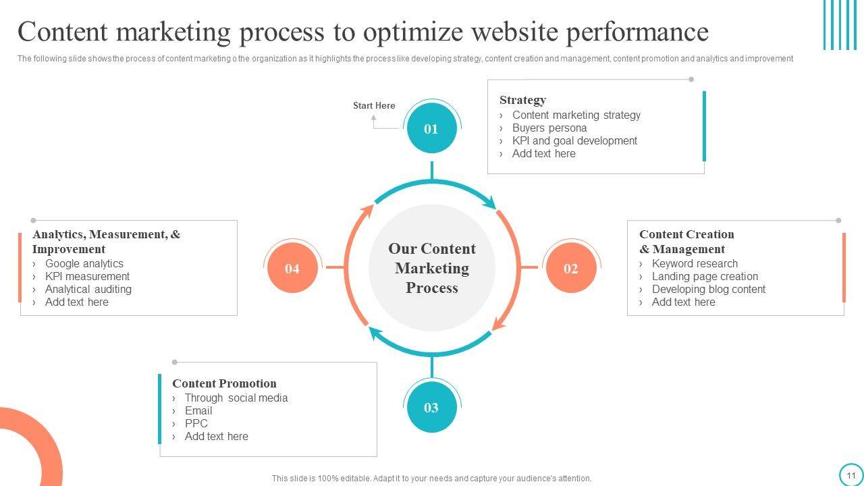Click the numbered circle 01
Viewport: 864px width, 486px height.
(x=431, y=129)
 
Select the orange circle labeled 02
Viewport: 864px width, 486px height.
(x=570, y=269)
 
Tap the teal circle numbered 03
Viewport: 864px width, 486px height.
(x=431, y=408)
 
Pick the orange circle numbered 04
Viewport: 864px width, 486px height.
(x=292, y=269)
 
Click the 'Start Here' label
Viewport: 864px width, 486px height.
(x=374, y=106)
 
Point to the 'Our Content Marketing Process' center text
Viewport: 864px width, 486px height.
(x=432, y=269)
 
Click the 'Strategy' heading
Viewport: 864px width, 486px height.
(x=522, y=100)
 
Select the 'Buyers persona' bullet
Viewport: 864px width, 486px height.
(x=549, y=128)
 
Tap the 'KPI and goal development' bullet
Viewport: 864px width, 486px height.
(x=574, y=141)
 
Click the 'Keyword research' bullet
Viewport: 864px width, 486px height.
(x=695, y=264)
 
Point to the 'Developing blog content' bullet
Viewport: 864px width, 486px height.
(x=709, y=290)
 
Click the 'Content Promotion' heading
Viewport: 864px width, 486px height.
(x=224, y=383)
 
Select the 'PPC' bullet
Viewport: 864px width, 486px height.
(x=196, y=424)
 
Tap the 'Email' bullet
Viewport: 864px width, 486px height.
(x=198, y=411)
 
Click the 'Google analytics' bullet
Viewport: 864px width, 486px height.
(x=84, y=264)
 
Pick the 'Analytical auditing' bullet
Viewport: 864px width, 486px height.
(x=88, y=290)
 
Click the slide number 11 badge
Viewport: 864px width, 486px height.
(x=850, y=475)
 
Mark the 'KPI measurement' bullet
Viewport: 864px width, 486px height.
(x=87, y=277)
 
